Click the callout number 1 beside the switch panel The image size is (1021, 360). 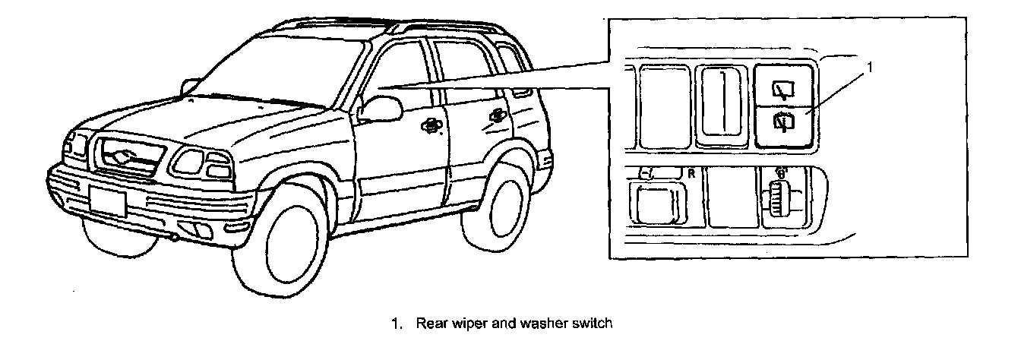[x=871, y=67]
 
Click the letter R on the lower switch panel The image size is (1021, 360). [x=691, y=173]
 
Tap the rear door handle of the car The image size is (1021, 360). [x=498, y=115]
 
